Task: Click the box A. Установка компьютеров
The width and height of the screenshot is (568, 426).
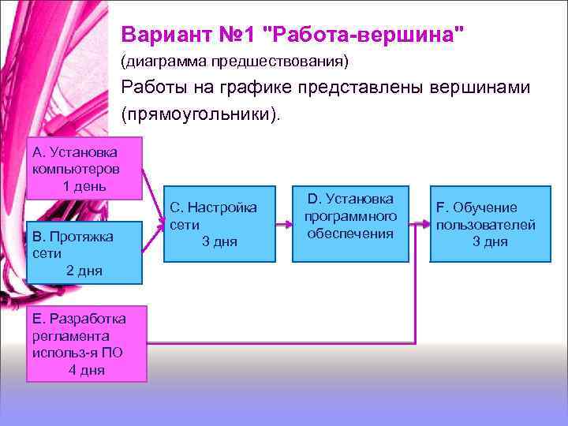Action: click(x=84, y=168)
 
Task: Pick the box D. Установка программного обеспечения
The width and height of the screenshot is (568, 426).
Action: click(x=350, y=224)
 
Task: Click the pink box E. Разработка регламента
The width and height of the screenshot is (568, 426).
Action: click(x=87, y=344)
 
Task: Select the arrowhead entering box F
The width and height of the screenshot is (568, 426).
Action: click(x=425, y=224)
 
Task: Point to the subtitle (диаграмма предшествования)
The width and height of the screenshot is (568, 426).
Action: click(x=234, y=61)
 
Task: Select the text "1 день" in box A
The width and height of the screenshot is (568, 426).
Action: click(x=84, y=186)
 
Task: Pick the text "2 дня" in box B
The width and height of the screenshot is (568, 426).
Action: click(x=84, y=271)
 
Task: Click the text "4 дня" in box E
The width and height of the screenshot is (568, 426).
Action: click(x=86, y=370)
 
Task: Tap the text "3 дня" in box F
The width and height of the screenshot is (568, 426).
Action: click(x=490, y=241)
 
